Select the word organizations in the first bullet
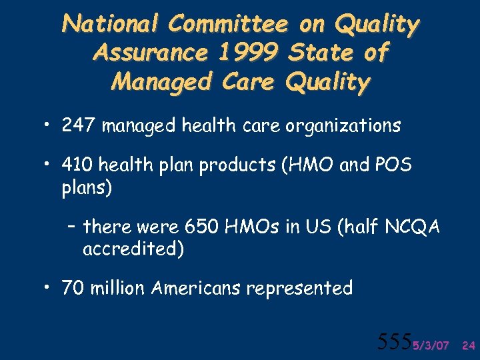343,126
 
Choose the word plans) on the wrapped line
87,187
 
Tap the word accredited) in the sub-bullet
133,249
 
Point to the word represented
299,289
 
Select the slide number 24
468,345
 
